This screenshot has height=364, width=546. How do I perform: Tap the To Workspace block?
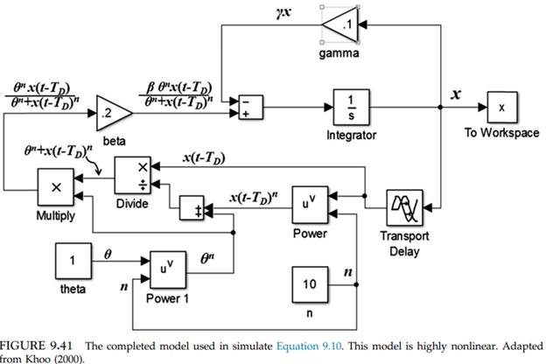tap(502, 107)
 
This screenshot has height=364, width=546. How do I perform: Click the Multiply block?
tap(56, 186)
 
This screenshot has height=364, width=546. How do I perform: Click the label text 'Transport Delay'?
tap(404, 244)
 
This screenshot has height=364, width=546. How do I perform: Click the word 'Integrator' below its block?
tap(349, 136)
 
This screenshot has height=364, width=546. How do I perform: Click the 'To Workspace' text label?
tap(502, 134)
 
